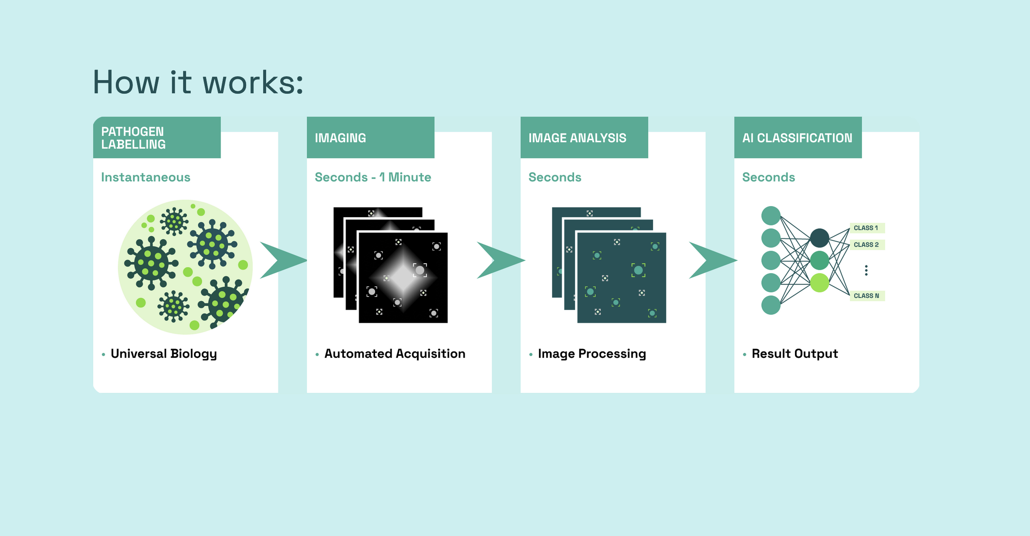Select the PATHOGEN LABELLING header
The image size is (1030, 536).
[133, 138]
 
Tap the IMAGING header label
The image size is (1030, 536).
[340, 138]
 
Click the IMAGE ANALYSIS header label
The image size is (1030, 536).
[577, 138]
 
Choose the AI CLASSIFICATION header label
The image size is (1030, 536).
[797, 138]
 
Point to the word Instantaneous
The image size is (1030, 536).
[146, 177]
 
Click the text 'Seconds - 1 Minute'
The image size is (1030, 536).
[373, 177]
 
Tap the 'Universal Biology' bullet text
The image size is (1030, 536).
[164, 354]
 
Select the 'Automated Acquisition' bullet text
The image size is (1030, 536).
[395, 354]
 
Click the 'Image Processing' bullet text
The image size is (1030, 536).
[592, 354]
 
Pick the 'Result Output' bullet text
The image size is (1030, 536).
[795, 354]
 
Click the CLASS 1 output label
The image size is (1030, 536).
[867, 228]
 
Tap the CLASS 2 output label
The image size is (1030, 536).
[867, 245]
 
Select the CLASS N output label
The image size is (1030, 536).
[867, 296]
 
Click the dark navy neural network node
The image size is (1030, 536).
[819, 238]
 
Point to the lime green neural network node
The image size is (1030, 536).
[819, 283]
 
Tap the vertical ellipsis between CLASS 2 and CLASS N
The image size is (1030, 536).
[866, 270]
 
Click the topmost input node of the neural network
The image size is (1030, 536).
[771, 216]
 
